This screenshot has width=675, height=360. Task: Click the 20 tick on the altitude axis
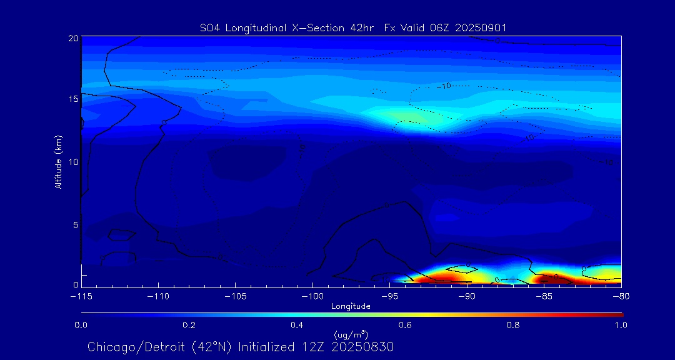pos(72,38)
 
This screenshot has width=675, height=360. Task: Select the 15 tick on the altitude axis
pos(72,99)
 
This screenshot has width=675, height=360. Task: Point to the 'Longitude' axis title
pos(351,306)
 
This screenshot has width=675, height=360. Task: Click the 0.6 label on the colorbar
pos(405,325)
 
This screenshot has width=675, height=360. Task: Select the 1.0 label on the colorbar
pos(621,325)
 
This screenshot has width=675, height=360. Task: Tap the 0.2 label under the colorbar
pos(189,325)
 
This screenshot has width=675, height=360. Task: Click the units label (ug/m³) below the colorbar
pos(351,336)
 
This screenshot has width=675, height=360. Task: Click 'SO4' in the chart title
pos(209,27)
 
